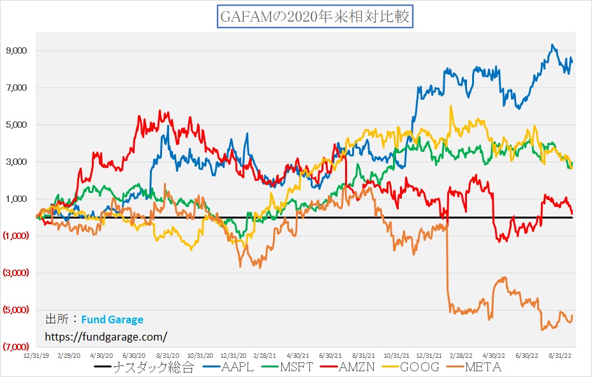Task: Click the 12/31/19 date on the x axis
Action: [x=36, y=353]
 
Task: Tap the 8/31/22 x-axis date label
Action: [x=561, y=353]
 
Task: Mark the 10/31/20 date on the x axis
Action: [x=200, y=353]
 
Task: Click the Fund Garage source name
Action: [x=112, y=319]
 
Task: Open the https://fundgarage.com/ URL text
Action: [x=106, y=335]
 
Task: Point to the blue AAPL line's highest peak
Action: [x=552, y=45]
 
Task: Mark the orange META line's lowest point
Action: [x=542, y=330]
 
